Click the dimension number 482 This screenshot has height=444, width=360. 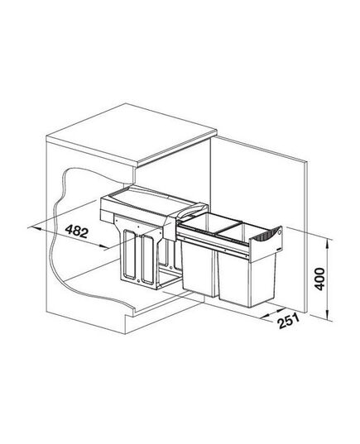point(77,232)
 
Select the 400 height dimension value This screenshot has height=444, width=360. point(320,279)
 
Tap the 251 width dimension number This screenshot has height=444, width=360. point(289,321)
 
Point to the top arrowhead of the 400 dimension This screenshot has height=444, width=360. point(328,243)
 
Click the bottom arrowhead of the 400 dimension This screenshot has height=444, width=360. point(328,317)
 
